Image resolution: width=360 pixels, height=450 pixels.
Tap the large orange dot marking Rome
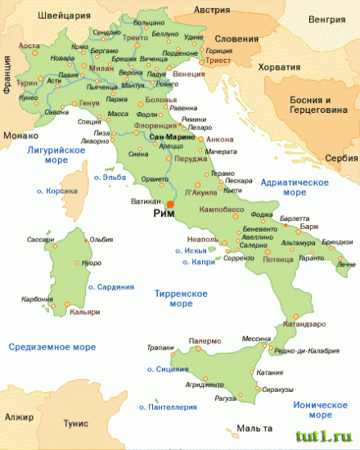(170, 204)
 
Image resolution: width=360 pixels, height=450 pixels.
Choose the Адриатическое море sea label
(294, 187)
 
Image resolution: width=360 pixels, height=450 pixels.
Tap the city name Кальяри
(86, 313)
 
